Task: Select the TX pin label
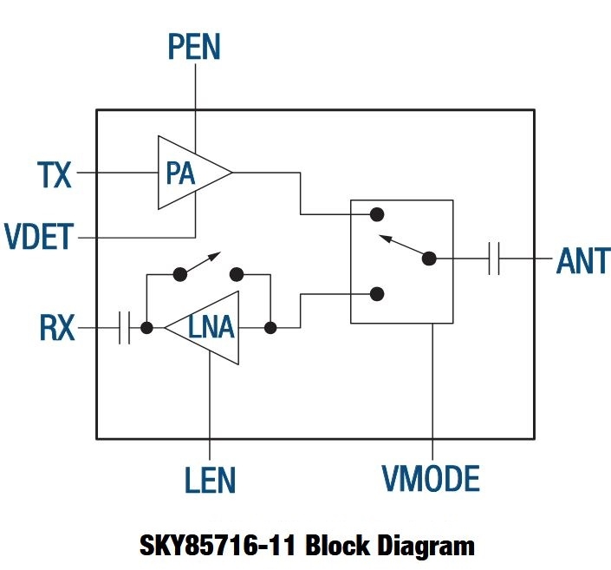click(55, 174)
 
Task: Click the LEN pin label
click(210, 478)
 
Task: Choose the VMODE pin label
click(431, 478)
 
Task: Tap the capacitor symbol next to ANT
click(494, 259)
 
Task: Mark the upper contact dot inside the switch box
click(377, 213)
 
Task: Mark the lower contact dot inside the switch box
click(377, 294)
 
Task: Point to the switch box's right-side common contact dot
click(428, 258)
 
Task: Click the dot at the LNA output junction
click(270, 328)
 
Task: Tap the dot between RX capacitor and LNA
click(147, 328)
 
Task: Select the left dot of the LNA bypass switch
click(179, 274)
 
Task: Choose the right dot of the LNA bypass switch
click(236, 274)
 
